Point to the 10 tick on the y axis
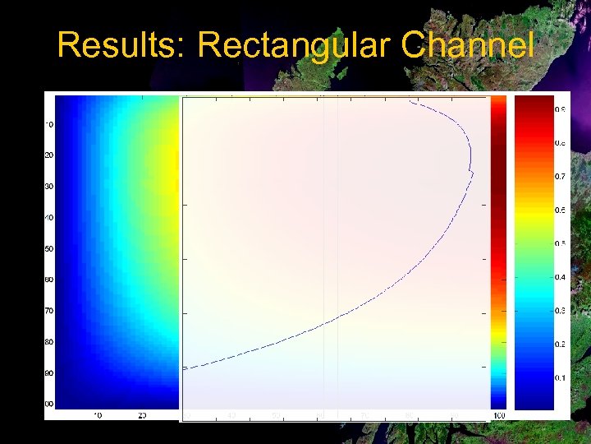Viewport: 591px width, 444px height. click(49, 125)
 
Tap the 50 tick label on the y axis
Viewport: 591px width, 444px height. click(49, 248)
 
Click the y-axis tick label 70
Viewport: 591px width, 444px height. click(49, 311)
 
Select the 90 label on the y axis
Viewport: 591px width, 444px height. click(49, 372)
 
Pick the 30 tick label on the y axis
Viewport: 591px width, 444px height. click(49, 187)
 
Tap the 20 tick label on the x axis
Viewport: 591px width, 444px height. click(142, 414)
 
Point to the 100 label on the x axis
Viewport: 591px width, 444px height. click(499, 414)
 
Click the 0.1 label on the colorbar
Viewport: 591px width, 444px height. click(559, 377)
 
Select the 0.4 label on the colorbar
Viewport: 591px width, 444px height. click(559, 277)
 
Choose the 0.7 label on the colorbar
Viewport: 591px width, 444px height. click(559, 176)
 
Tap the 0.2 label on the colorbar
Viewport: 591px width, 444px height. click(559, 344)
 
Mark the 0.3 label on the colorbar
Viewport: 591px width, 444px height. click(559, 311)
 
